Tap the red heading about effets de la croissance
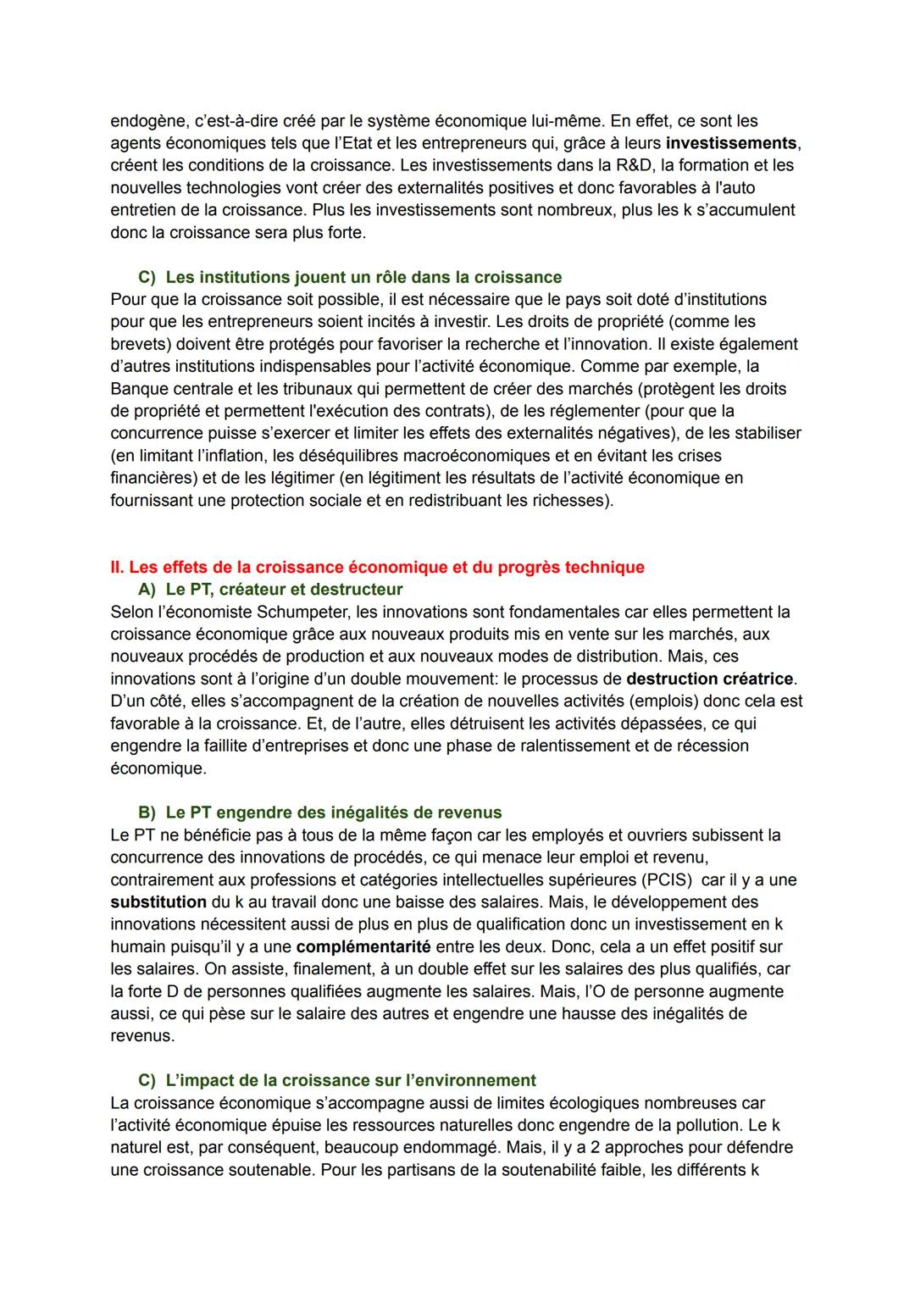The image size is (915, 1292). pyautogui.click(x=377, y=567)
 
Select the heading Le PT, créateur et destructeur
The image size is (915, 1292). pyautogui.click(x=283, y=589)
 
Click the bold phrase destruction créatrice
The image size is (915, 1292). pyautogui.click(x=710, y=679)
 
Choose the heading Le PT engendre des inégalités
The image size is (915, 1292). pyautogui.click(x=333, y=812)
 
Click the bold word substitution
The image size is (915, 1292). pyautogui.click(x=158, y=902)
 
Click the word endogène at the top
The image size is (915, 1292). pyautogui.click(x=144, y=121)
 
